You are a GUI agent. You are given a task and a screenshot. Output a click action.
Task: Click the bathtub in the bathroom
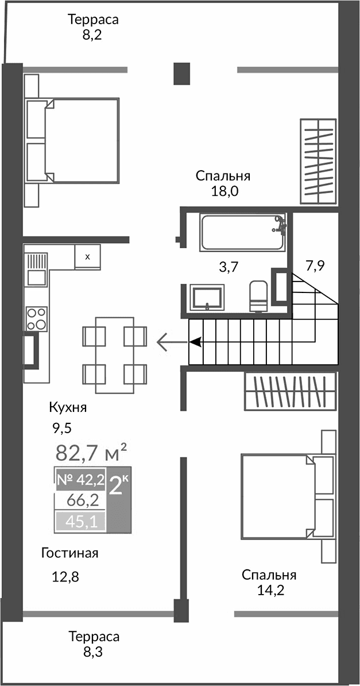[x=242, y=232]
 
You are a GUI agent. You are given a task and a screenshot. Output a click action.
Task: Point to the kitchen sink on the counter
[x=37, y=269]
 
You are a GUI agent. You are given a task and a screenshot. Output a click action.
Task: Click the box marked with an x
[x=87, y=257]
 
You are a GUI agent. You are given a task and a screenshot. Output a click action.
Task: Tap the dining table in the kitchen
[x=115, y=354]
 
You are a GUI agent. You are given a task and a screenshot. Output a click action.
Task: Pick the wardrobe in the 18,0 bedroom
[x=318, y=160]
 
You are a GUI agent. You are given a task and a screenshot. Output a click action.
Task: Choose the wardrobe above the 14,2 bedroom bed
[x=290, y=391]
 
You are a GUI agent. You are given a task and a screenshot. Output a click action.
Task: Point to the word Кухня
[x=68, y=408]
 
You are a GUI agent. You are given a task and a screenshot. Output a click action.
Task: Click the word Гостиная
[x=70, y=553]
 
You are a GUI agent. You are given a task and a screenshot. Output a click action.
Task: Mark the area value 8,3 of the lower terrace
[x=94, y=652]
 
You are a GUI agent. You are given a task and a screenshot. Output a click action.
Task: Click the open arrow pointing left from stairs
[x=168, y=342]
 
